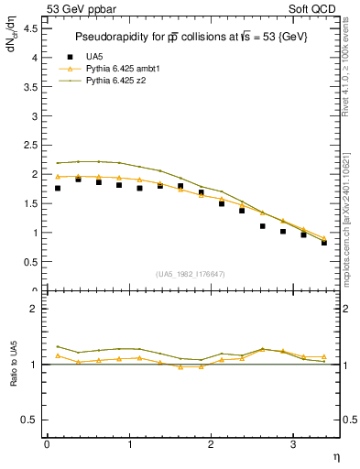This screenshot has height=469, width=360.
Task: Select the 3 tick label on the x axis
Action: pos(292,444)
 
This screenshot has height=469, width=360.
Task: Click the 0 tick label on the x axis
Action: pos(47,444)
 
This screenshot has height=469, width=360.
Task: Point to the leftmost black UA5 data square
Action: pos(58,188)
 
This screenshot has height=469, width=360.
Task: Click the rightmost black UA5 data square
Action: pos(324,243)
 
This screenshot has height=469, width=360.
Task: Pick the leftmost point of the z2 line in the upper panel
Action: pos(58,163)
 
